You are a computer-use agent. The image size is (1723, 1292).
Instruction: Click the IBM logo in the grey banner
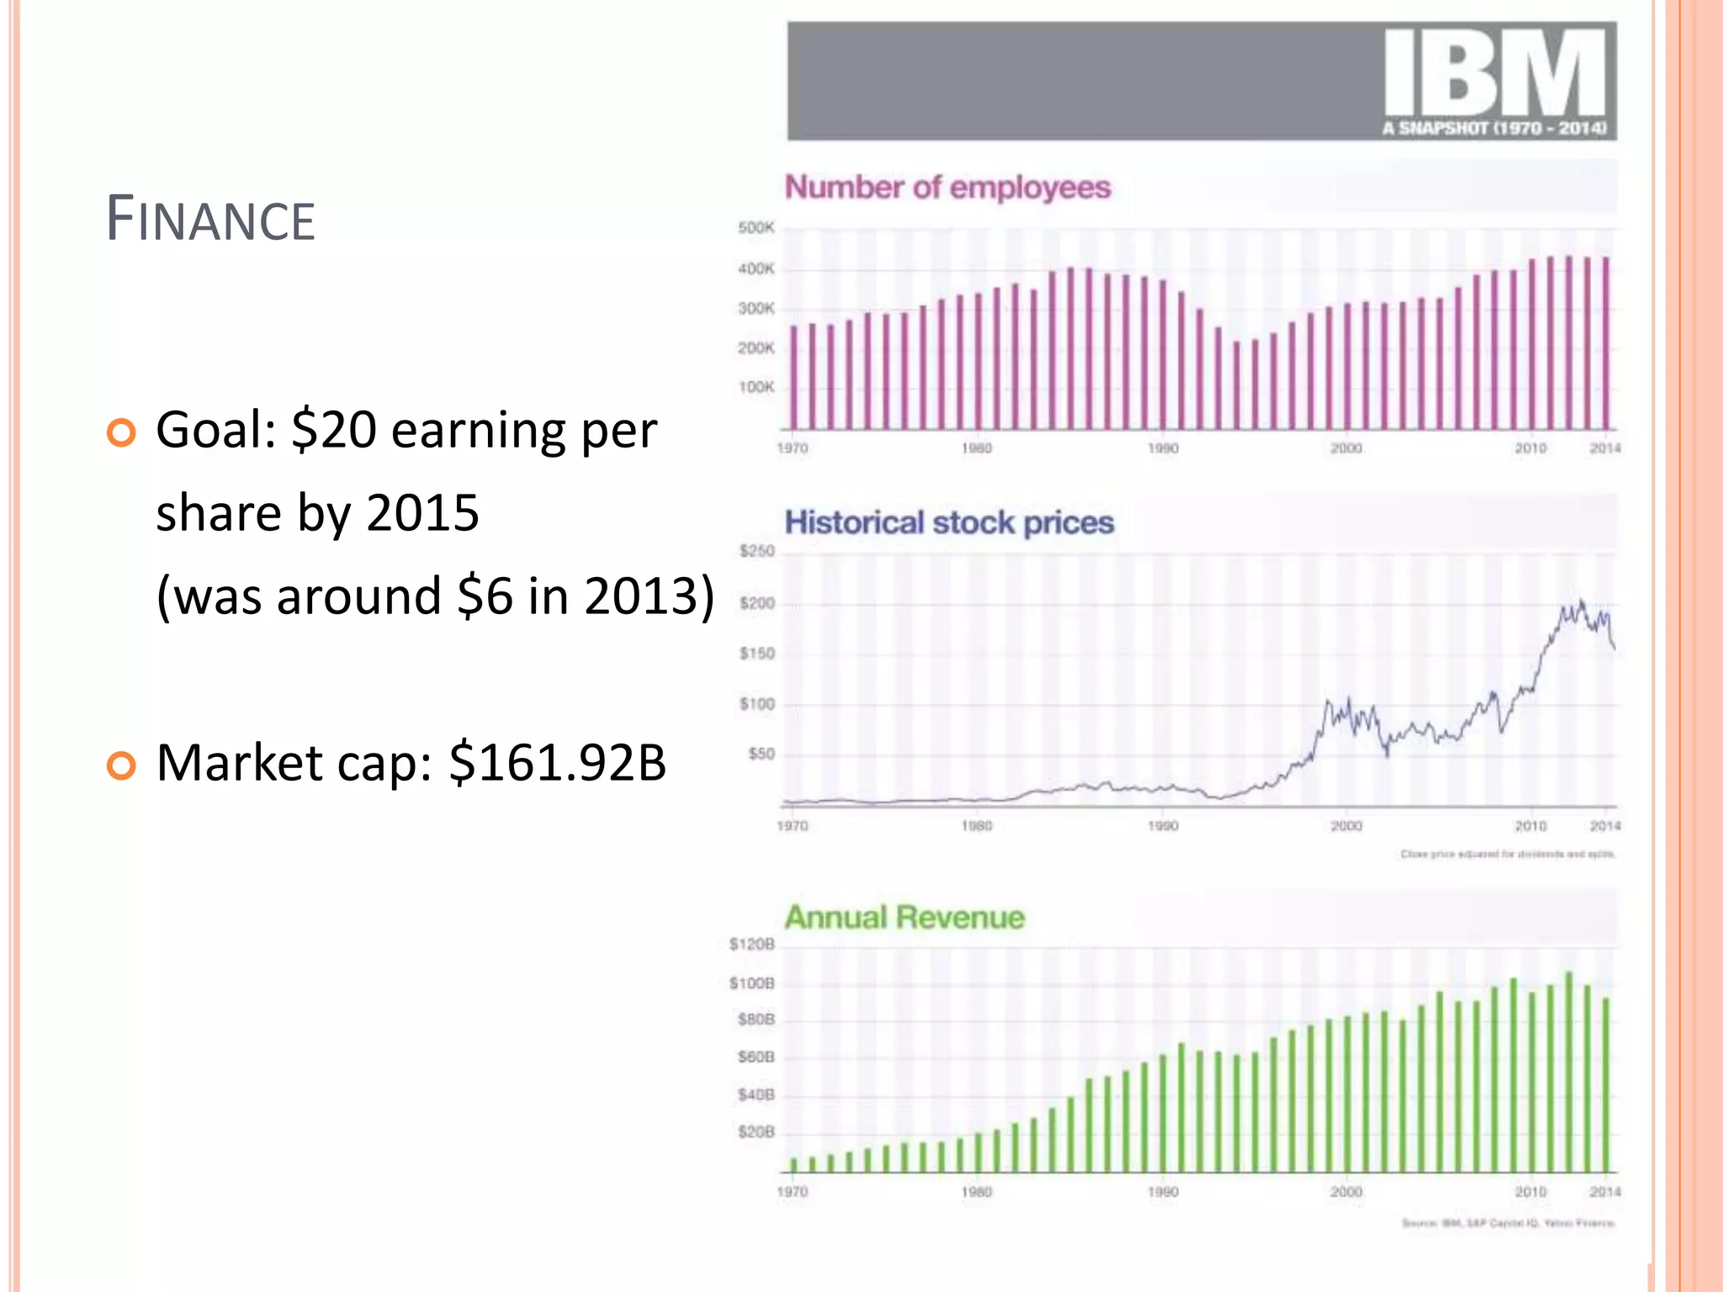coord(1495,73)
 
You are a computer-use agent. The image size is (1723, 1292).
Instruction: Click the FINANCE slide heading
coord(210,220)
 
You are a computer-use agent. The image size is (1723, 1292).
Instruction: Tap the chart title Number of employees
coord(947,187)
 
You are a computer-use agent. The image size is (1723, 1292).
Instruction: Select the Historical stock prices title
coord(949,522)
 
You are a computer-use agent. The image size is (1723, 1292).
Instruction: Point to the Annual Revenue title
coord(904,917)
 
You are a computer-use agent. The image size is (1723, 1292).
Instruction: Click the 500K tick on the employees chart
coord(755,228)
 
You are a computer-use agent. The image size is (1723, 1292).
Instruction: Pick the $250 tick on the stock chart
coord(756,551)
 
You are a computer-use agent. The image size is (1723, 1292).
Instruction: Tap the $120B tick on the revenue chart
coord(751,945)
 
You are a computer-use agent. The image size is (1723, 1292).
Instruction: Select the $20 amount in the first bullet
coord(333,430)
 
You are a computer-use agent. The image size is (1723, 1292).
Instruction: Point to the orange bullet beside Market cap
coord(121,765)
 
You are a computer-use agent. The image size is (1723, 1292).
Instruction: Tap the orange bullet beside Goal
coord(121,433)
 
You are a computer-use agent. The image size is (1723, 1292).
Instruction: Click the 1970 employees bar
coord(793,377)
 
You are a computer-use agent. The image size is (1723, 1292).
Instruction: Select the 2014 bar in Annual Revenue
coord(1605,1085)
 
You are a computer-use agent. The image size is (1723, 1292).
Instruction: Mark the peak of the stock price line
coord(1582,601)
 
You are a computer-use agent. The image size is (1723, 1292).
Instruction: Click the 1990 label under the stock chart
coord(1163,826)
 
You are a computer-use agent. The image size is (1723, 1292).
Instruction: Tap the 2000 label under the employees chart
coord(1346,448)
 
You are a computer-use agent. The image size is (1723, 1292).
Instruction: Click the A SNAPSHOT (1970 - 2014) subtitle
coord(1494,129)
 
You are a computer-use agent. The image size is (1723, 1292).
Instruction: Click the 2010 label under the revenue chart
coord(1530,1192)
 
